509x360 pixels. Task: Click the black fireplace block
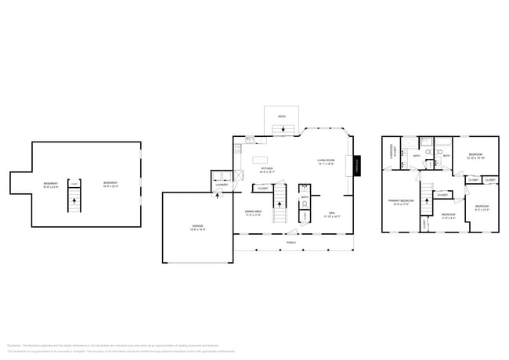click(358, 167)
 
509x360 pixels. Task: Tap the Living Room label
click(326, 160)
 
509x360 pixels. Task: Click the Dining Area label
click(254, 211)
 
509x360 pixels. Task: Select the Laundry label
click(221, 185)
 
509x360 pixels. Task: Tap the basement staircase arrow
click(74, 200)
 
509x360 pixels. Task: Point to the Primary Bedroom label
click(399, 201)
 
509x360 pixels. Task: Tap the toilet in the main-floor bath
click(305, 207)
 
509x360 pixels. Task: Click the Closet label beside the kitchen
click(262, 189)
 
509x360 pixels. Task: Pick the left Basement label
click(51, 184)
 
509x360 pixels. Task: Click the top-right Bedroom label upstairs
click(476, 156)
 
